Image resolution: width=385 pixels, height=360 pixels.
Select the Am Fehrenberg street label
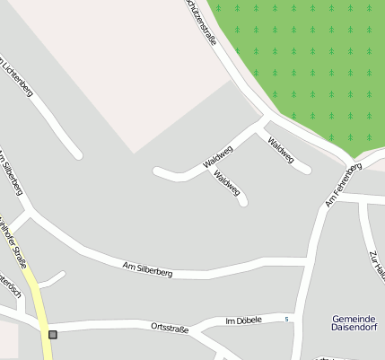coord(343,186)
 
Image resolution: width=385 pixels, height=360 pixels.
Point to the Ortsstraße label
coord(170,328)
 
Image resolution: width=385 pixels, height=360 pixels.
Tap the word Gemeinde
coord(353,320)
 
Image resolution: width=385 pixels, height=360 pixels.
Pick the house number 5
coord(286,320)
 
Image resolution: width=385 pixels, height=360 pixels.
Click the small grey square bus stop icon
coord(53,335)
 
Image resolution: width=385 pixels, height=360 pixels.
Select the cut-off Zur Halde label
coord(376,265)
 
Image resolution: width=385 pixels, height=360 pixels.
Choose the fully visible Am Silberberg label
coord(147,267)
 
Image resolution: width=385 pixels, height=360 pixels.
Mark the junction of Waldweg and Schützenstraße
coord(266,118)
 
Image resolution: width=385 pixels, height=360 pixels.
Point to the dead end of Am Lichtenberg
coord(78,154)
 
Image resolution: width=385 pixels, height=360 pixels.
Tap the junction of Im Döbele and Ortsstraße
coord(203,329)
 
